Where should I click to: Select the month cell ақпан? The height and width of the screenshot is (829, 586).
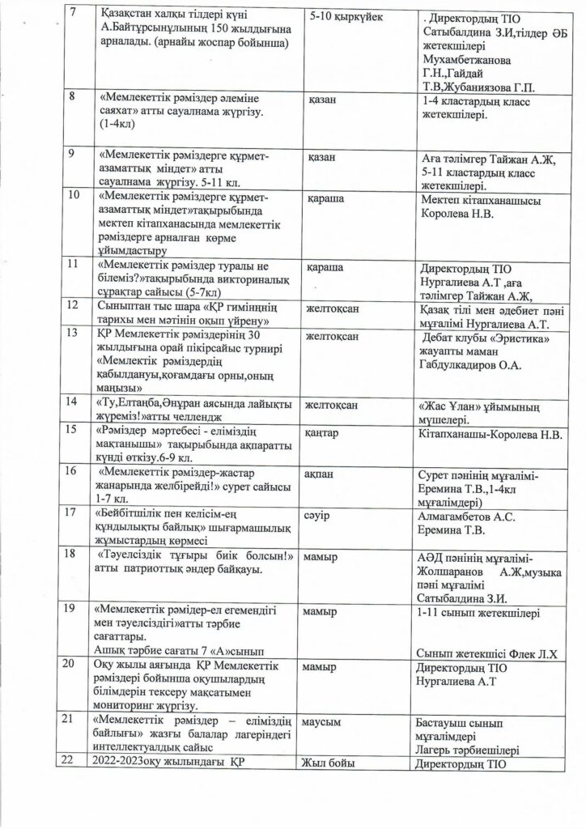(x=321, y=470)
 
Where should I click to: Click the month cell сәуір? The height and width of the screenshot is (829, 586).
(x=319, y=514)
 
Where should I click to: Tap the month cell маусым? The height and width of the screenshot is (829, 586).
(x=325, y=720)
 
